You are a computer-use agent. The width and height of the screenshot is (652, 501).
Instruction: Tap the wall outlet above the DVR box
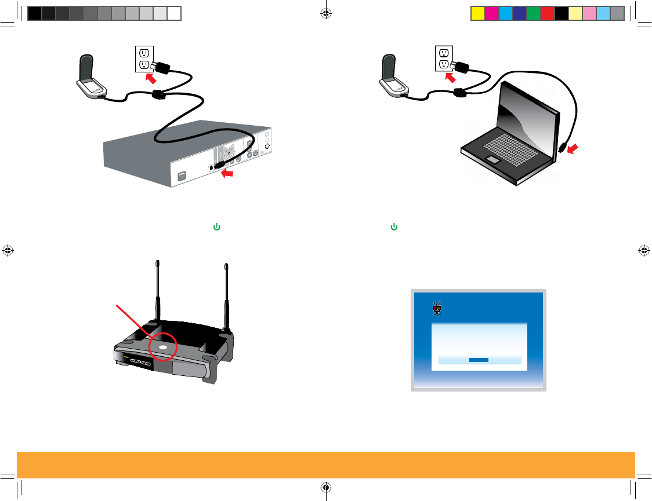point(143,59)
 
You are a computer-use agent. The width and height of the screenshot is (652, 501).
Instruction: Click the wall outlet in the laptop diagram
point(444,59)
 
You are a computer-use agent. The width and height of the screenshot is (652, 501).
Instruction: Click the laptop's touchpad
point(493,159)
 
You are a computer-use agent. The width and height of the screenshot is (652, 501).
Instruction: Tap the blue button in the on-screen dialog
point(479,360)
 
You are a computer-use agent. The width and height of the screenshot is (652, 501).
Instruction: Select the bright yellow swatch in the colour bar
point(477,13)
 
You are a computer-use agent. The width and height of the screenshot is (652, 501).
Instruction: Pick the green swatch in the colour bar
point(533,13)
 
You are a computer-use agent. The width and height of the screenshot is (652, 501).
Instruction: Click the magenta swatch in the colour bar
point(491,13)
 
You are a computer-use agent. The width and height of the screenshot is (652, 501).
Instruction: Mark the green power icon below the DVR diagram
point(216,227)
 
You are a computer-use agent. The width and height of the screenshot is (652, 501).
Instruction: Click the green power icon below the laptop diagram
point(394,227)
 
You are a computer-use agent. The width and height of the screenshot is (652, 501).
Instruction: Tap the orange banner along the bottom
point(326,465)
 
